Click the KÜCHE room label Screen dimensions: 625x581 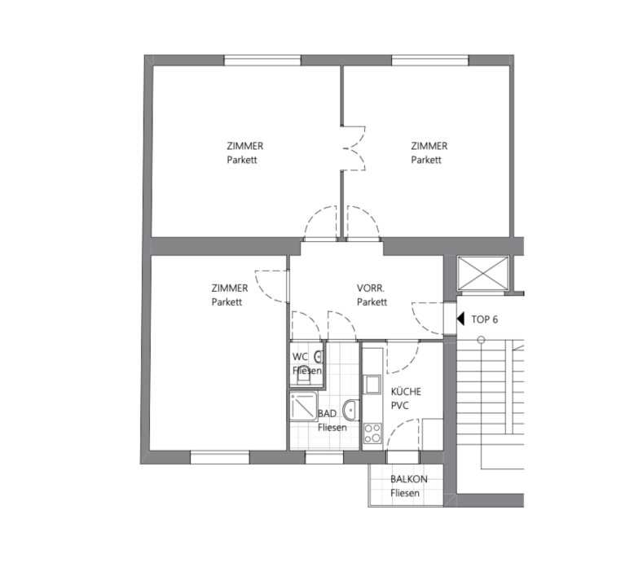click(406, 391)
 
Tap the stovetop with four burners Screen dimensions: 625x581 click(372, 434)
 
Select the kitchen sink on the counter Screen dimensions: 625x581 click(372, 385)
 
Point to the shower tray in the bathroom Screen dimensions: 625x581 click(304, 406)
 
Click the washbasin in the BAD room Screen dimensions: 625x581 click(351, 410)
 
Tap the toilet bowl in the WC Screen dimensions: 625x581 click(303, 376)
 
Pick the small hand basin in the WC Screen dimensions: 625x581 click(319, 357)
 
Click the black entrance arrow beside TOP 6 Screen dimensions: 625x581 click(460, 319)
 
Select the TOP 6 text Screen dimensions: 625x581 click(484, 319)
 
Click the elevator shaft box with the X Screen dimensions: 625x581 click(483, 273)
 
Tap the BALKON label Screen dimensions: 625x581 click(408, 479)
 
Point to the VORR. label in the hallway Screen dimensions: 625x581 click(371, 288)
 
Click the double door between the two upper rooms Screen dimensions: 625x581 click(354, 148)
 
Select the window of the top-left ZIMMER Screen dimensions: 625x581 click(262, 60)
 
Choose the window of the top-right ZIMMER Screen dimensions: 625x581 click(430, 60)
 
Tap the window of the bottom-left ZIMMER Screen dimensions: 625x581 click(220, 457)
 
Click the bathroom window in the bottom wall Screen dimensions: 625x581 click(324, 457)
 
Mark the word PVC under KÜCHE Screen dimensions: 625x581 click(400, 406)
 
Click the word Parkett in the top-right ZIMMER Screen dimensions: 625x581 click(426, 160)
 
